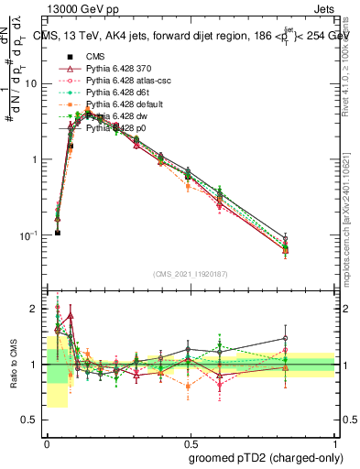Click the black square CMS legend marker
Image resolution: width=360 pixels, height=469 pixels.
(x=70, y=56)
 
